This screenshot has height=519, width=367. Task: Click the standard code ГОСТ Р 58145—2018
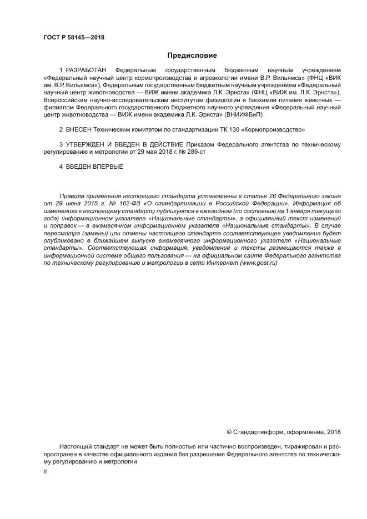[x=74, y=38]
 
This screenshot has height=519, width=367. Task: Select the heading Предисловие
[x=192, y=56]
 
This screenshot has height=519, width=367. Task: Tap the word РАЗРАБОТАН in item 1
[x=88, y=71]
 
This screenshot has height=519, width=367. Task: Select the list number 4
[x=61, y=167]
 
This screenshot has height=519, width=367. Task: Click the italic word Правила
[x=73, y=197]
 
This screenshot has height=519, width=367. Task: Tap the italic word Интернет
[x=224, y=262]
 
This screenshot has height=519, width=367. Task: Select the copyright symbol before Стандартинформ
[x=229, y=432]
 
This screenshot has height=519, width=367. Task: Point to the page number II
[x=45, y=471]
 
